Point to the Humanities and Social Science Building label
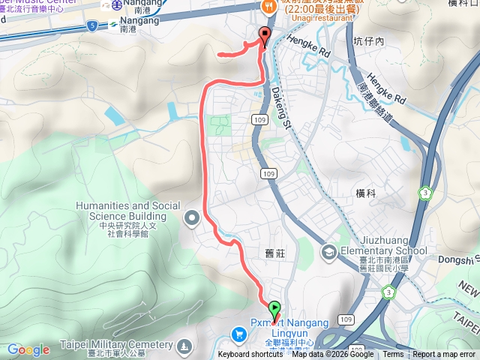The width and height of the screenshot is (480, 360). pos(127,211)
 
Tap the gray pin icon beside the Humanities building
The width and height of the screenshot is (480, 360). pos(191,218)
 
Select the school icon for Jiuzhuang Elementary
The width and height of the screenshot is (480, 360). pos(328,251)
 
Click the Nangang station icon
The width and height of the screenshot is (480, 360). pos(118,5)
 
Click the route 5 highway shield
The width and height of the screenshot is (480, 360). pos(91,25)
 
